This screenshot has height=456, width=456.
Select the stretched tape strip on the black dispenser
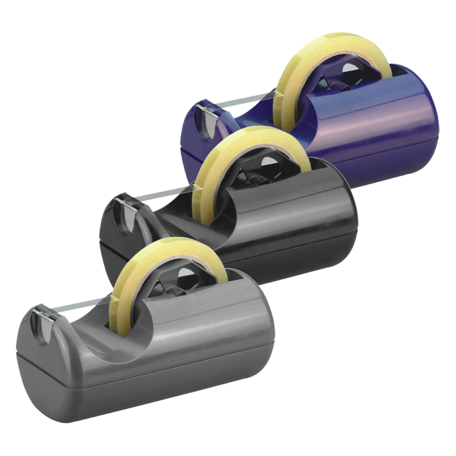[x=160, y=193]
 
